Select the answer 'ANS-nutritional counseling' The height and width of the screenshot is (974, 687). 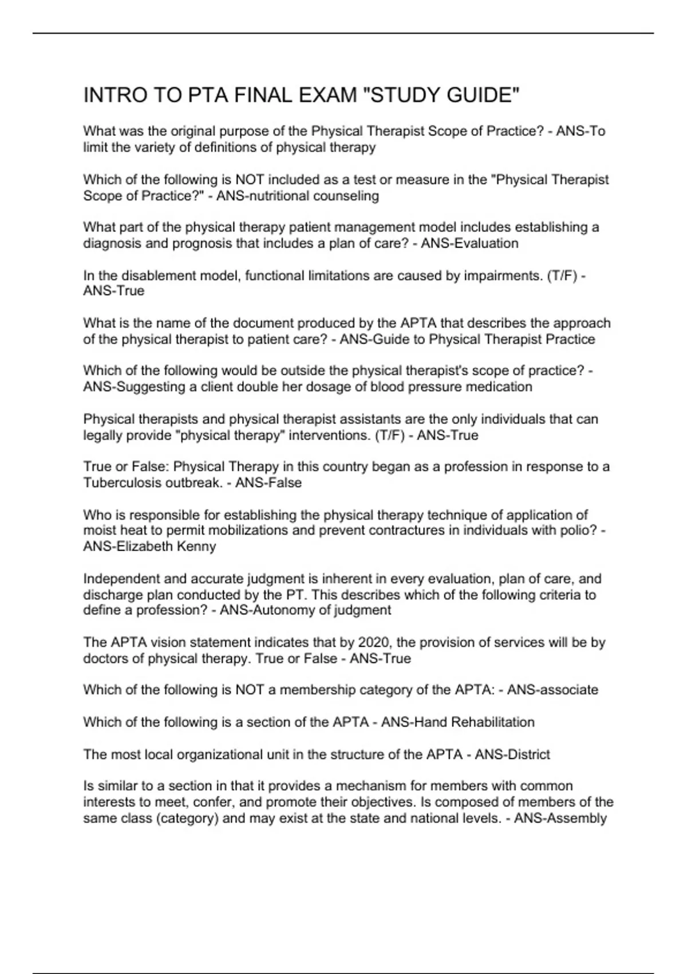click(297, 196)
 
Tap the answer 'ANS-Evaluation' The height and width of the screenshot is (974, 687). click(469, 244)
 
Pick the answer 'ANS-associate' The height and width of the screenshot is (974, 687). click(552, 690)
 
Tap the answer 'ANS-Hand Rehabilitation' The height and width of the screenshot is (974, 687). click(457, 722)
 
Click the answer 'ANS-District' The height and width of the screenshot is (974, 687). click(512, 755)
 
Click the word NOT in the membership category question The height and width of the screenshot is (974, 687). click(249, 690)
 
